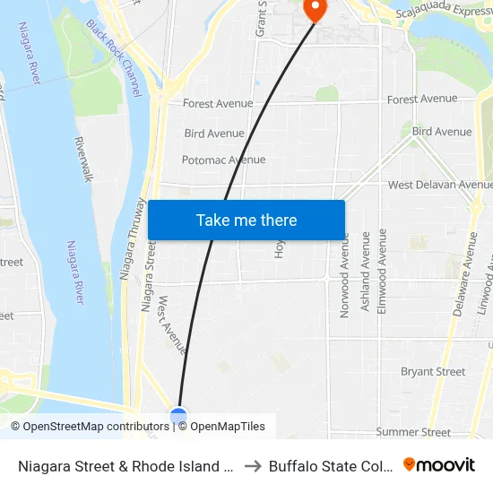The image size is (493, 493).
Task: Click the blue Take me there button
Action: click(x=246, y=220)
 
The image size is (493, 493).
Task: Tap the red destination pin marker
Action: click(x=316, y=9)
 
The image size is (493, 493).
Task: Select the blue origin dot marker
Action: click(x=178, y=416)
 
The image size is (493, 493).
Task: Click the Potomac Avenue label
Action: click(x=223, y=160)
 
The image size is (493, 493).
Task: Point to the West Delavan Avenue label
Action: click(x=440, y=185)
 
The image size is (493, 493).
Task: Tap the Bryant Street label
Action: click(x=433, y=371)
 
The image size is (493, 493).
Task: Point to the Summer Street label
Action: click(x=413, y=432)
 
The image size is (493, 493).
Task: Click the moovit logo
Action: click(x=439, y=464)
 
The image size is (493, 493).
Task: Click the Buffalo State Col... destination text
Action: click(x=331, y=465)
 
